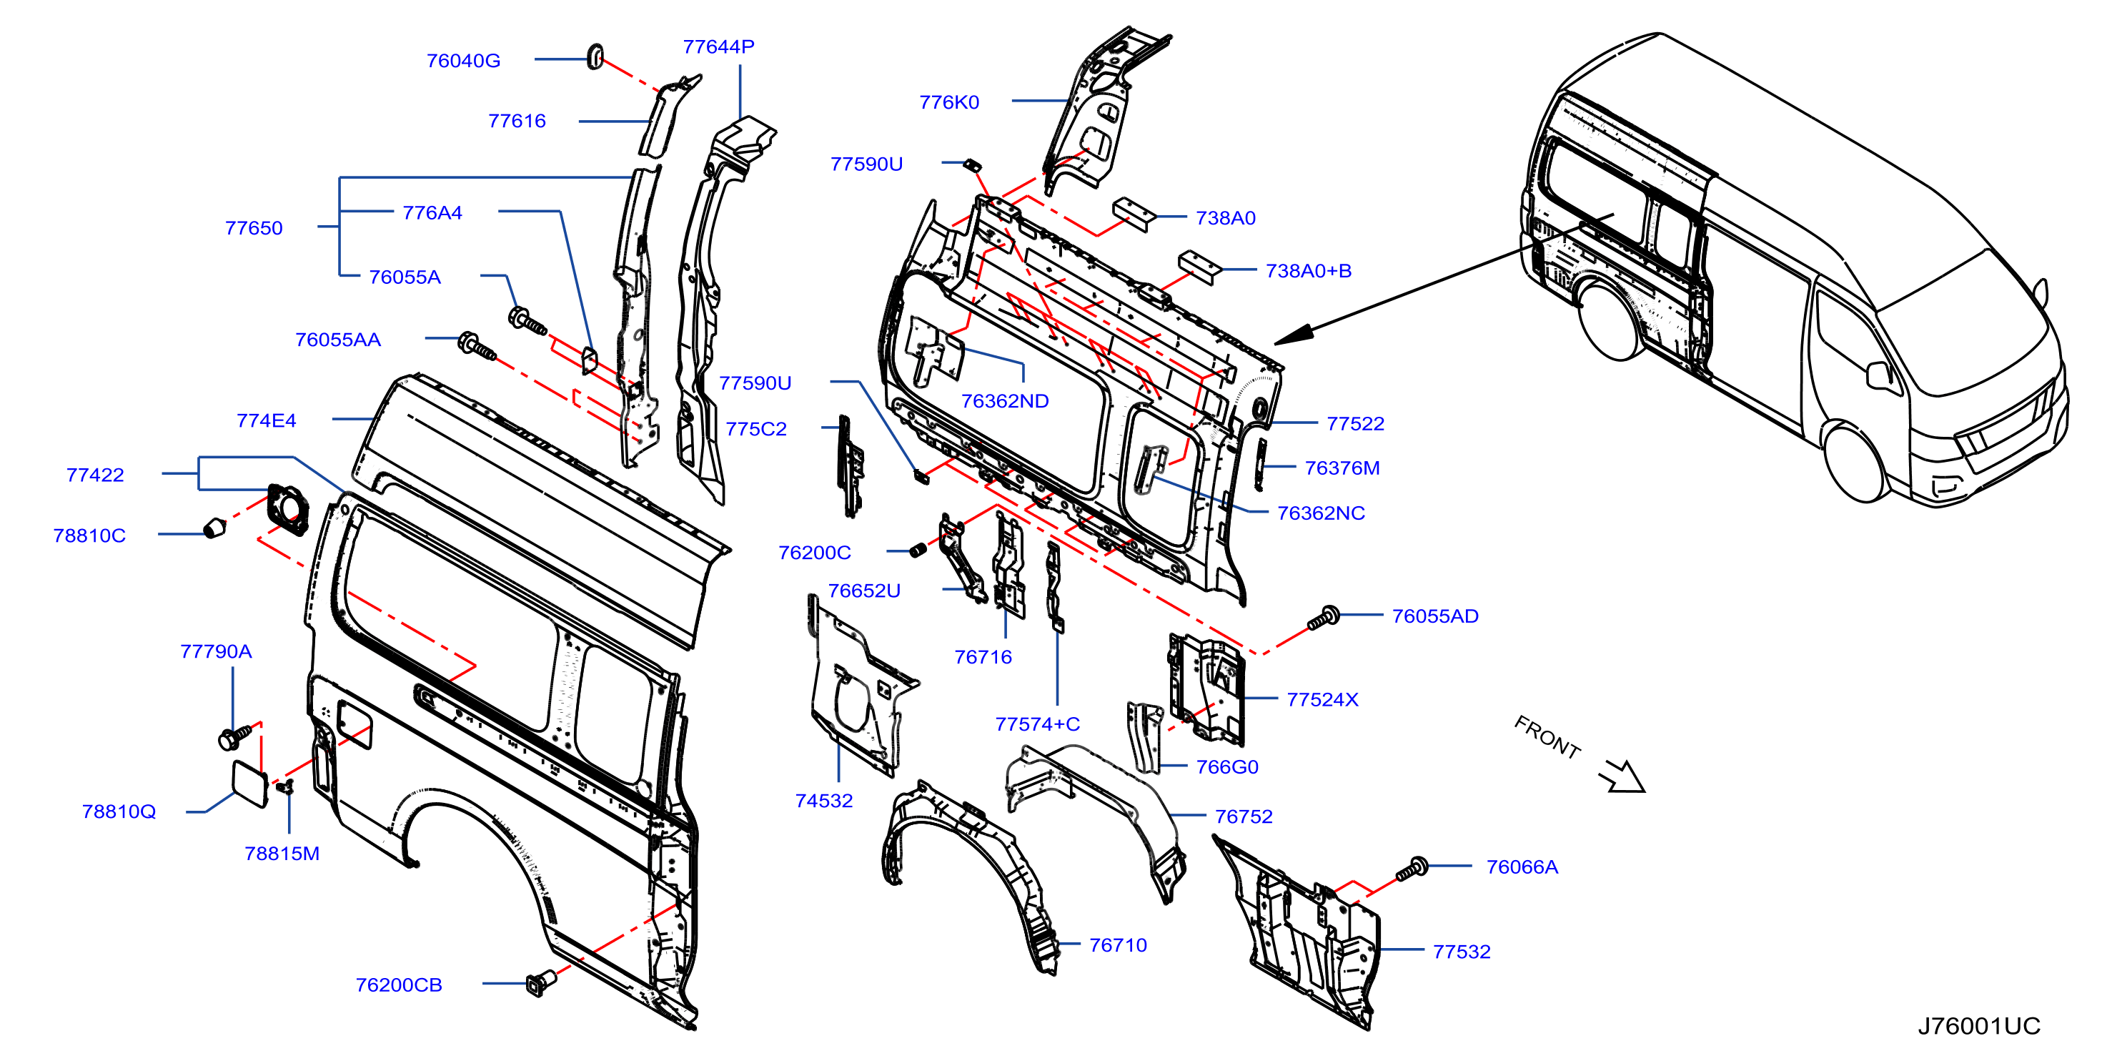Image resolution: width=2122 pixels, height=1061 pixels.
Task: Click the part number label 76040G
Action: tap(463, 61)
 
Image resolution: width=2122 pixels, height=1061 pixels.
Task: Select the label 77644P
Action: tap(718, 47)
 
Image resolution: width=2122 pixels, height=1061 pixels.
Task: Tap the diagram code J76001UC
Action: tap(1978, 1025)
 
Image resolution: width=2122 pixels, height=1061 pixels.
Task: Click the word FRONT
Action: tap(1548, 736)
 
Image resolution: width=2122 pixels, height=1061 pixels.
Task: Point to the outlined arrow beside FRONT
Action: tap(1622, 776)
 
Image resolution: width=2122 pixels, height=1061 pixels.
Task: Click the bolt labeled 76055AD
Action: tap(1324, 618)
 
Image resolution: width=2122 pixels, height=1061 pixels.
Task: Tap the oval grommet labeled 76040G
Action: tap(595, 56)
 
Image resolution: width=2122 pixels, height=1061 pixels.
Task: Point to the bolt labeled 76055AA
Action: tap(477, 346)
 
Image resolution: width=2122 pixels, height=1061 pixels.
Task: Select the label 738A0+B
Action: tap(1308, 271)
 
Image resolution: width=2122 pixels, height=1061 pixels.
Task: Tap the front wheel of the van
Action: tap(1857, 462)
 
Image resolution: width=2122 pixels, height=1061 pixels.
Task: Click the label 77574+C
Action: tap(1037, 724)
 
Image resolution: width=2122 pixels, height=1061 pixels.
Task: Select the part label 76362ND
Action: tap(1005, 401)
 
